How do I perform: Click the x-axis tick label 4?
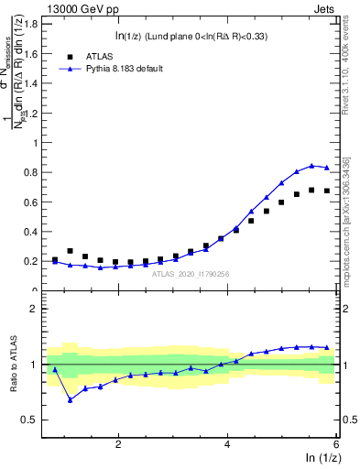(x=227, y=443)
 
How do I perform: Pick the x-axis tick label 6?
(x=336, y=443)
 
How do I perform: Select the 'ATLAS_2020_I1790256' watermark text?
(x=191, y=274)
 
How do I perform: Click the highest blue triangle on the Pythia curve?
(x=311, y=166)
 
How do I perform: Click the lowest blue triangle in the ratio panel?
(x=70, y=399)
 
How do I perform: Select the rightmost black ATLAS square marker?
(x=327, y=191)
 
